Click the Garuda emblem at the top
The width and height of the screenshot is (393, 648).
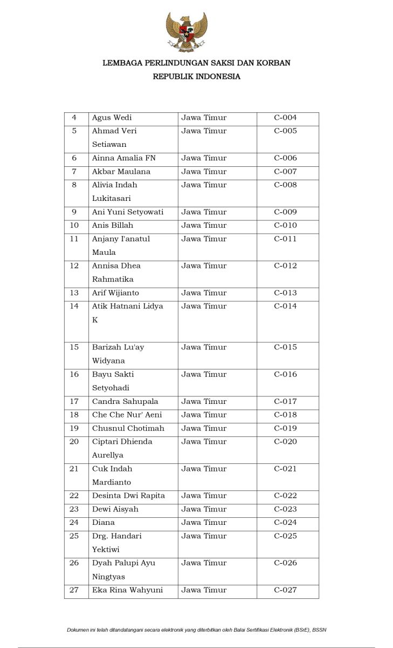(x=187, y=32)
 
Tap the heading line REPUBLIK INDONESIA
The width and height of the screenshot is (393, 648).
(x=196, y=77)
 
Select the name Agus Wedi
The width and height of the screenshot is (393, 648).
(x=112, y=118)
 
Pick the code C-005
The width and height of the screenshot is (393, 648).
(x=285, y=131)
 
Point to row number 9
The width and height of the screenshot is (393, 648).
(x=74, y=212)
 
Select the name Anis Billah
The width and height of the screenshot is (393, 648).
(x=112, y=226)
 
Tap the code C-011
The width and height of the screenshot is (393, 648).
(x=285, y=239)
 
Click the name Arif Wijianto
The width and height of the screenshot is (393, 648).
(x=115, y=293)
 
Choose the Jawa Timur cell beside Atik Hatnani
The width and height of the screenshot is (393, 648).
(x=204, y=307)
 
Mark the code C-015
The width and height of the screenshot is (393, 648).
(x=285, y=347)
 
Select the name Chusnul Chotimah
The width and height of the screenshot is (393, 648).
(x=128, y=429)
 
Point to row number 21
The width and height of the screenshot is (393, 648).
(x=74, y=469)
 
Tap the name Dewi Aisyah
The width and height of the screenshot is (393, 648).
(x=115, y=509)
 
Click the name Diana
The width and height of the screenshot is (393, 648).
(x=103, y=523)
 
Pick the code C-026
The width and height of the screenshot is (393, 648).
(x=285, y=563)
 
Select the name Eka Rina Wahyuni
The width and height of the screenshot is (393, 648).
(x=127, y=590)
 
